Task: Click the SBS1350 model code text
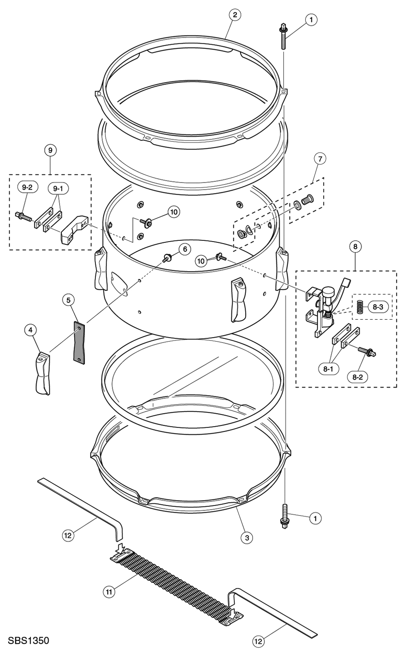(27, 641)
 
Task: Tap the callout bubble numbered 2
(235, 15)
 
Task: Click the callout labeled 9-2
(27, 187)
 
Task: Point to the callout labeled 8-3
(378, 307)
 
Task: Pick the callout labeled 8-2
(358, 377)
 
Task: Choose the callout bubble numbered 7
(319, 159)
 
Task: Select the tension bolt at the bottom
(285, 516)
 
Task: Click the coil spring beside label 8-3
(359, 306)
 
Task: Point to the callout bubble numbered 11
(109, 592)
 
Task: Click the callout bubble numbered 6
(185, 249)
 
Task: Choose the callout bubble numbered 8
(355, 246)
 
